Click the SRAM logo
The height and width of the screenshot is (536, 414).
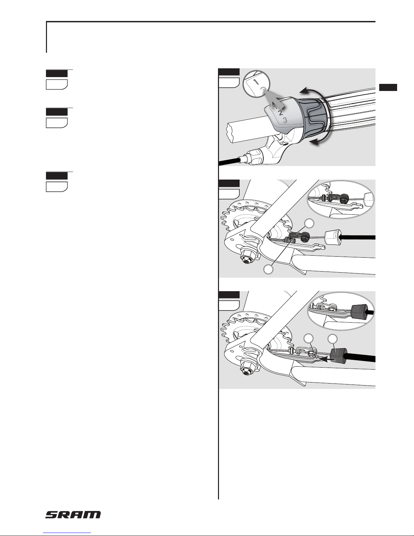(x=73, y=515)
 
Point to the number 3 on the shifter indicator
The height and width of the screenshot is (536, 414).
(x=285, y=120)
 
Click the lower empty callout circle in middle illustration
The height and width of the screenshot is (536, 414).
(x=268, y=270)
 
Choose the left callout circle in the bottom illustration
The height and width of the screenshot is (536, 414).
(x=308, y=339)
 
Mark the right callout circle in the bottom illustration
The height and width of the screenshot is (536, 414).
(x=332, y=339)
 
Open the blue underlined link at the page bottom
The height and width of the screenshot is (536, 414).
(x=67, y=533)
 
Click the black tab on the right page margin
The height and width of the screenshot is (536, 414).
(x=388, y=88)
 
